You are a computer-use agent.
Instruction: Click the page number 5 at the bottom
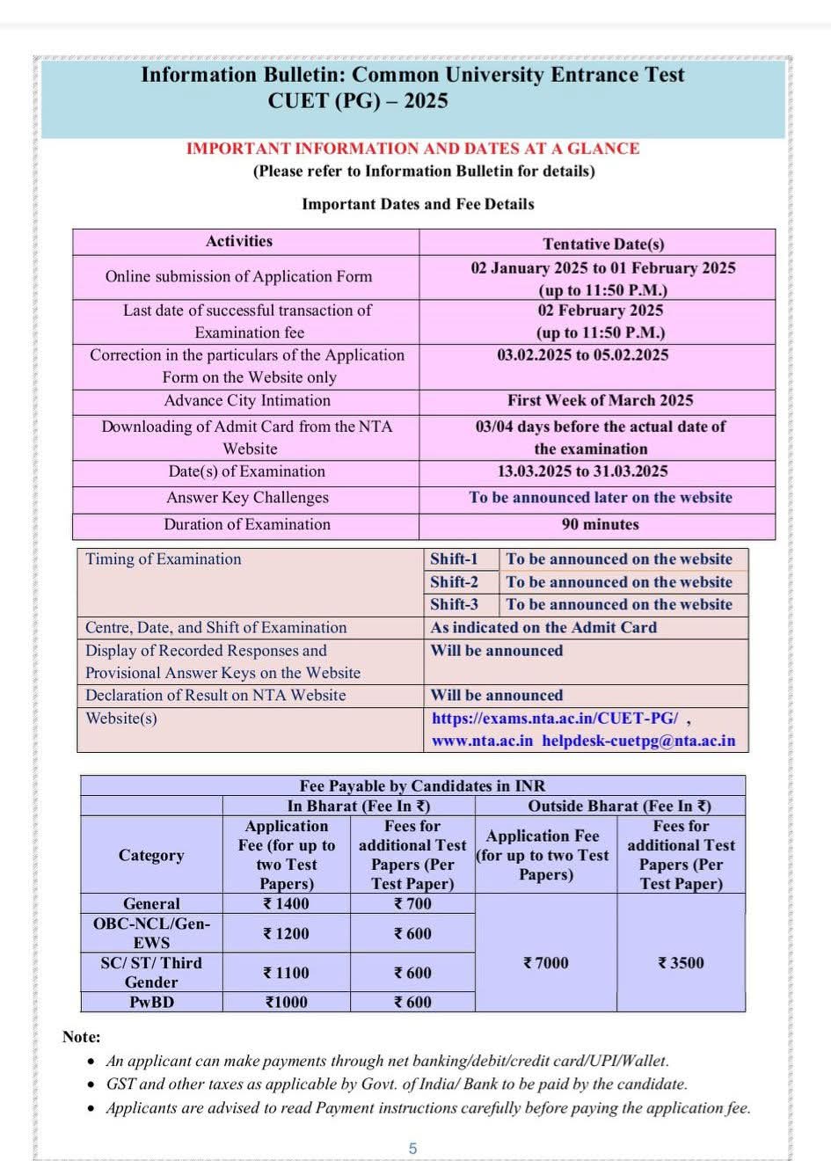coord(412,1148)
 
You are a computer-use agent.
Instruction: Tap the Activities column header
coord(239,241)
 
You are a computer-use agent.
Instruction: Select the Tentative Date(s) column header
coord(603,244)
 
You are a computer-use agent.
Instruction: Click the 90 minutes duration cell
coord(601,524)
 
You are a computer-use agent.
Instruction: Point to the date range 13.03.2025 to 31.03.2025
coord(582,471)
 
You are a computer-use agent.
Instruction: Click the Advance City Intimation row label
coord(247,400)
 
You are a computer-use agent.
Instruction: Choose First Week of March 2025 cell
coord(600,400)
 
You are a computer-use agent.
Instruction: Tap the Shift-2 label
coord(454,581)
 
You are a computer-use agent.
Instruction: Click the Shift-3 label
coord(454,604)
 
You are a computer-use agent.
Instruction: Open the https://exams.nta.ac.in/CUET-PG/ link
coord(555,718)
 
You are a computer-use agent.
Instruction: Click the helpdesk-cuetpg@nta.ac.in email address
coord(638,741)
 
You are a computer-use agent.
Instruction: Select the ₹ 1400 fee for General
coord(286,903)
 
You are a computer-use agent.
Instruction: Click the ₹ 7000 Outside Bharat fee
coord(545,963)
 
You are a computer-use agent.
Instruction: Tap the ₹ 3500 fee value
coord(681,963)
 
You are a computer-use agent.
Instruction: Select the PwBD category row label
coord(151,1002)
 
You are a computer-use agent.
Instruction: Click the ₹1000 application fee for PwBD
coord(286,1002)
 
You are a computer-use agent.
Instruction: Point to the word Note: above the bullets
coord(82,1037)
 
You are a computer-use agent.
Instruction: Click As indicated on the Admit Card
coord(543,627)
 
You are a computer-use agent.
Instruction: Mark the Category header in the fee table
coord(151,855)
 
